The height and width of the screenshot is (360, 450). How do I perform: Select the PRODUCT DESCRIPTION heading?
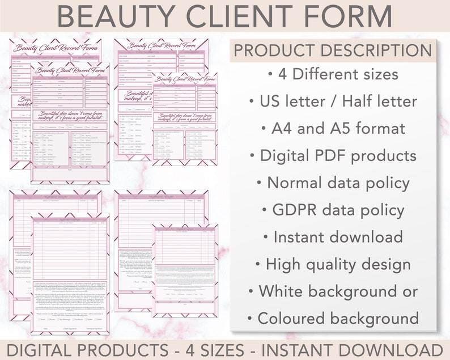pos(333,50)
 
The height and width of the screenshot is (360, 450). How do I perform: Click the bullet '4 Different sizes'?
pos(333,74)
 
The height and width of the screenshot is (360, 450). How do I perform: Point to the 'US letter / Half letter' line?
pos(333,101)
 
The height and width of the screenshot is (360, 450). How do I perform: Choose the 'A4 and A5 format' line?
pos(333,128)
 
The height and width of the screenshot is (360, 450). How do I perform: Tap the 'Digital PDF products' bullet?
pos(333,155)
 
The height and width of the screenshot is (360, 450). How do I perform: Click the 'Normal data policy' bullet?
pos(333,183)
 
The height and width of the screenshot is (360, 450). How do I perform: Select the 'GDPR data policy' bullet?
pos(333,210)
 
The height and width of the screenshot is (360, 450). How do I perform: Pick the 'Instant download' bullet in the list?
pos(333,236)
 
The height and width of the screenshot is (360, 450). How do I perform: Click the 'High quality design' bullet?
pos(333,264)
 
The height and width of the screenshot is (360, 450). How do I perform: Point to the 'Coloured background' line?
pos(333,317)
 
